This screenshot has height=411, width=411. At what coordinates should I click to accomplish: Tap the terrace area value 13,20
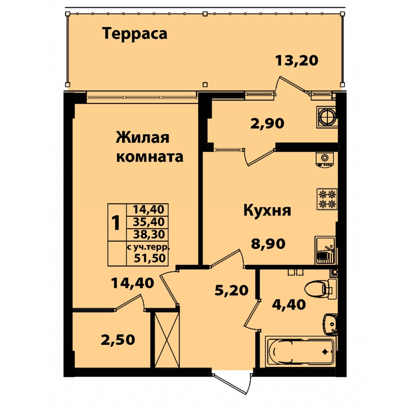click(296, 60)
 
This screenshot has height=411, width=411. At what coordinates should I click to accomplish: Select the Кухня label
click(268, 210)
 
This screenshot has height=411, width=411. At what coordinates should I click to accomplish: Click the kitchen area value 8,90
click(268, 244)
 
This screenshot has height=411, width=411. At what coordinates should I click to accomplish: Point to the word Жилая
click(143, 138)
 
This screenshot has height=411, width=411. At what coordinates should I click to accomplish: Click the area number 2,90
click(267, 123)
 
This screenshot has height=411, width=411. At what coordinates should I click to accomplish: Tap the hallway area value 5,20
click(231, 290)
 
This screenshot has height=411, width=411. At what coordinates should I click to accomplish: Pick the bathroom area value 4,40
click(289, 304)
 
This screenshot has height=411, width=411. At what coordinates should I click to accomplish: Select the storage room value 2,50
click(118, 340)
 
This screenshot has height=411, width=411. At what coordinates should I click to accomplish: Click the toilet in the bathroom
click(320, 288)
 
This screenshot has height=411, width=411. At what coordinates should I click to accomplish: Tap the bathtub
click(300, 352)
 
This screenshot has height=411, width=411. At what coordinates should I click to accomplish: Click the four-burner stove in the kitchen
click(327, 199)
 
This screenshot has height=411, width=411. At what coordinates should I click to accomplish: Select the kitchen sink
click(325, 250)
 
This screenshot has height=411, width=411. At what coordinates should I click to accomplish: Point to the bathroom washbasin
click(330, 324)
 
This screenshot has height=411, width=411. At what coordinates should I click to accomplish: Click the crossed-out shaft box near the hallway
click(167, 340)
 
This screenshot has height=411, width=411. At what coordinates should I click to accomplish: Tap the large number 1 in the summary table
click(116, 223)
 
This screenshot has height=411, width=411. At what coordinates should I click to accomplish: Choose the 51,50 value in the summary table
click(150, 258)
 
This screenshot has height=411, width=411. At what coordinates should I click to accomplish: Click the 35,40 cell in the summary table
click(148, 222)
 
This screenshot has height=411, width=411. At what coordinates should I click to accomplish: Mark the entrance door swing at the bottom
click(233, 382)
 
